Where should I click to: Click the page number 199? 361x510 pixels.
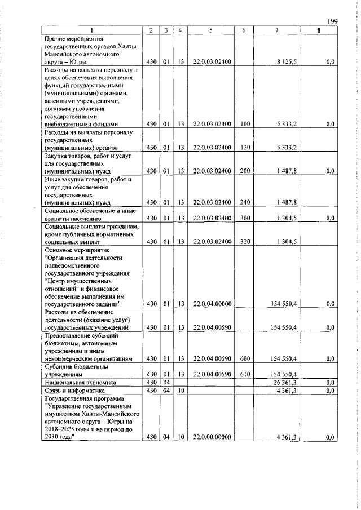pos(332,21)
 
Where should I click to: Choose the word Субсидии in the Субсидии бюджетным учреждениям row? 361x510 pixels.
pos(59,366)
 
